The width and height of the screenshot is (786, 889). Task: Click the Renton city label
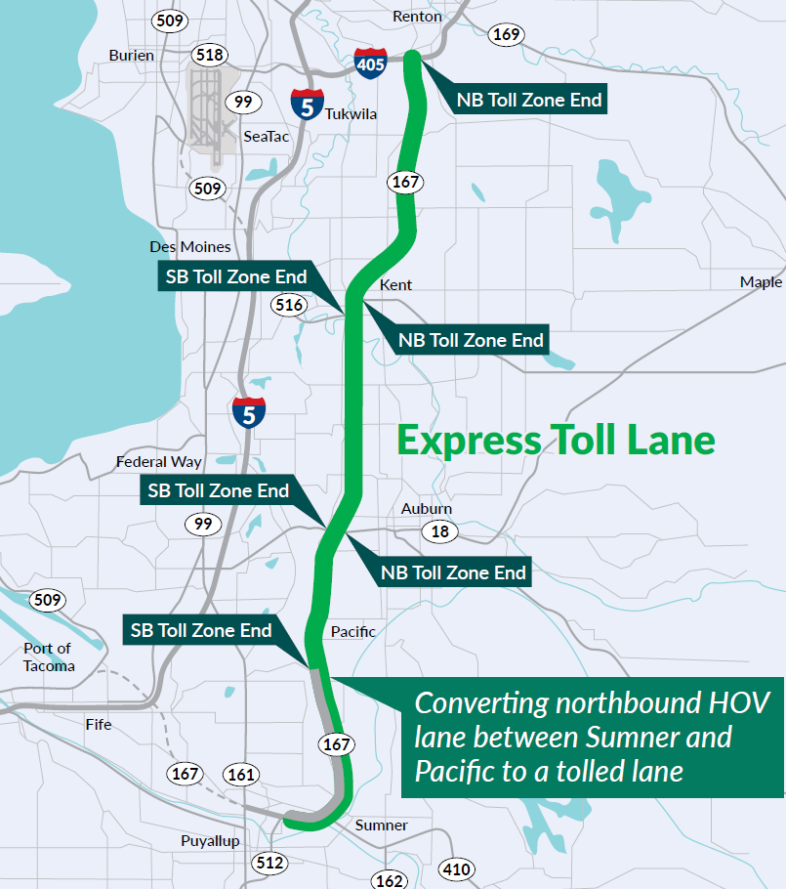tap(417, 17)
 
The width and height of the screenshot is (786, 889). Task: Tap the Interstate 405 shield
tap(370, 63)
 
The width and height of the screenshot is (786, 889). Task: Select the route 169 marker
tap(506, 35)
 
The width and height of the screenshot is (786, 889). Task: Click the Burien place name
tap(132, 55)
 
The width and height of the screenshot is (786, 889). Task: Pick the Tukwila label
tap(350, 113)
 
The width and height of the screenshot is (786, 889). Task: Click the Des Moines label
tap(190, 246)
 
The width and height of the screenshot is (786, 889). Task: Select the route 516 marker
tap(289, 305)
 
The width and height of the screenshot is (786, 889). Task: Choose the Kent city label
tap(395, 285)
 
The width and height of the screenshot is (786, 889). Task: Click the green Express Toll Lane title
tap(556, 440)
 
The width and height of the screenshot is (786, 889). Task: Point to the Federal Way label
tap(159, 461)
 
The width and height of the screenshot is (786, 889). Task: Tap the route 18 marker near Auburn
tap(439, 531)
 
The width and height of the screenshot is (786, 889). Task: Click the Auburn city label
tap(427, 509)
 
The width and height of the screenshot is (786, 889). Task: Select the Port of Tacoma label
tap(48, 656)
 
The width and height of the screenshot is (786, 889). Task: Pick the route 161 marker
tap(240, 775)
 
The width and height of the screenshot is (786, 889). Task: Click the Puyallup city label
tap(210, 841)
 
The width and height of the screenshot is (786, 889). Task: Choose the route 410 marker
tap(456, 868)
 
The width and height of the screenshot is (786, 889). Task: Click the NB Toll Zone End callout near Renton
tap(528, 99)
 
